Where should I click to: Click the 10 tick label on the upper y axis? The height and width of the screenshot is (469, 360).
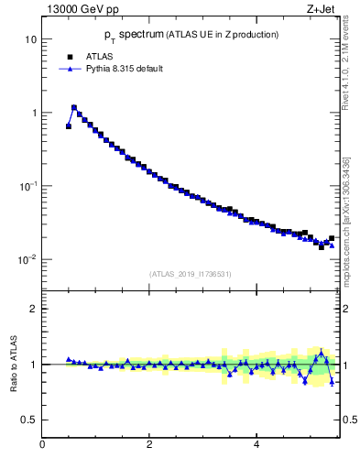click(x=30, y=39)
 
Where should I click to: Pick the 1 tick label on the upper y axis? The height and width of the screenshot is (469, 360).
click(x=33, y=113)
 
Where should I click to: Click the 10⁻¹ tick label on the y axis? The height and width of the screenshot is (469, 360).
click(x=28, y=185)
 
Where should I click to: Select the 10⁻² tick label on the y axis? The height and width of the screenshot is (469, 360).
click(x=28, y=258)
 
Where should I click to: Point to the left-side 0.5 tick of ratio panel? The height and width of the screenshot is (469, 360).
click(x=30, y=420)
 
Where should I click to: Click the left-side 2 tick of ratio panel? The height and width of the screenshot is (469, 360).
click(x=33, y=309)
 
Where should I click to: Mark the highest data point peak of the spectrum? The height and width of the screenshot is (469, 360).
click(x=74, y=107)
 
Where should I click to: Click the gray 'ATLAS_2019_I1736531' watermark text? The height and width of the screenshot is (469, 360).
click(x=191, y=274)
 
